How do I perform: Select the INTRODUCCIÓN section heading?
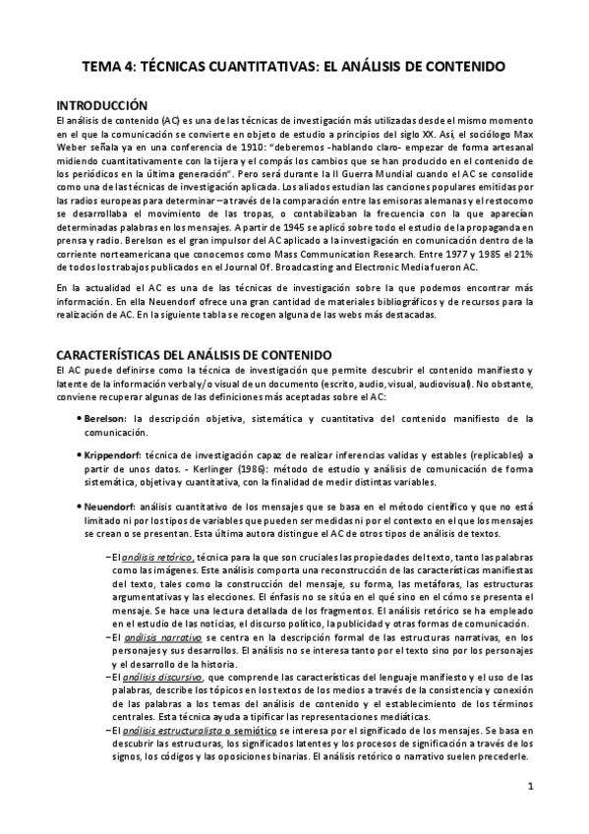pyautogui.click(x=101, y=105)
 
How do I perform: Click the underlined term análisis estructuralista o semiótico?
pyautogui.click(x=215, y=731)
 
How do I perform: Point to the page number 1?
pyautogui.click(x=530, y=786)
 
